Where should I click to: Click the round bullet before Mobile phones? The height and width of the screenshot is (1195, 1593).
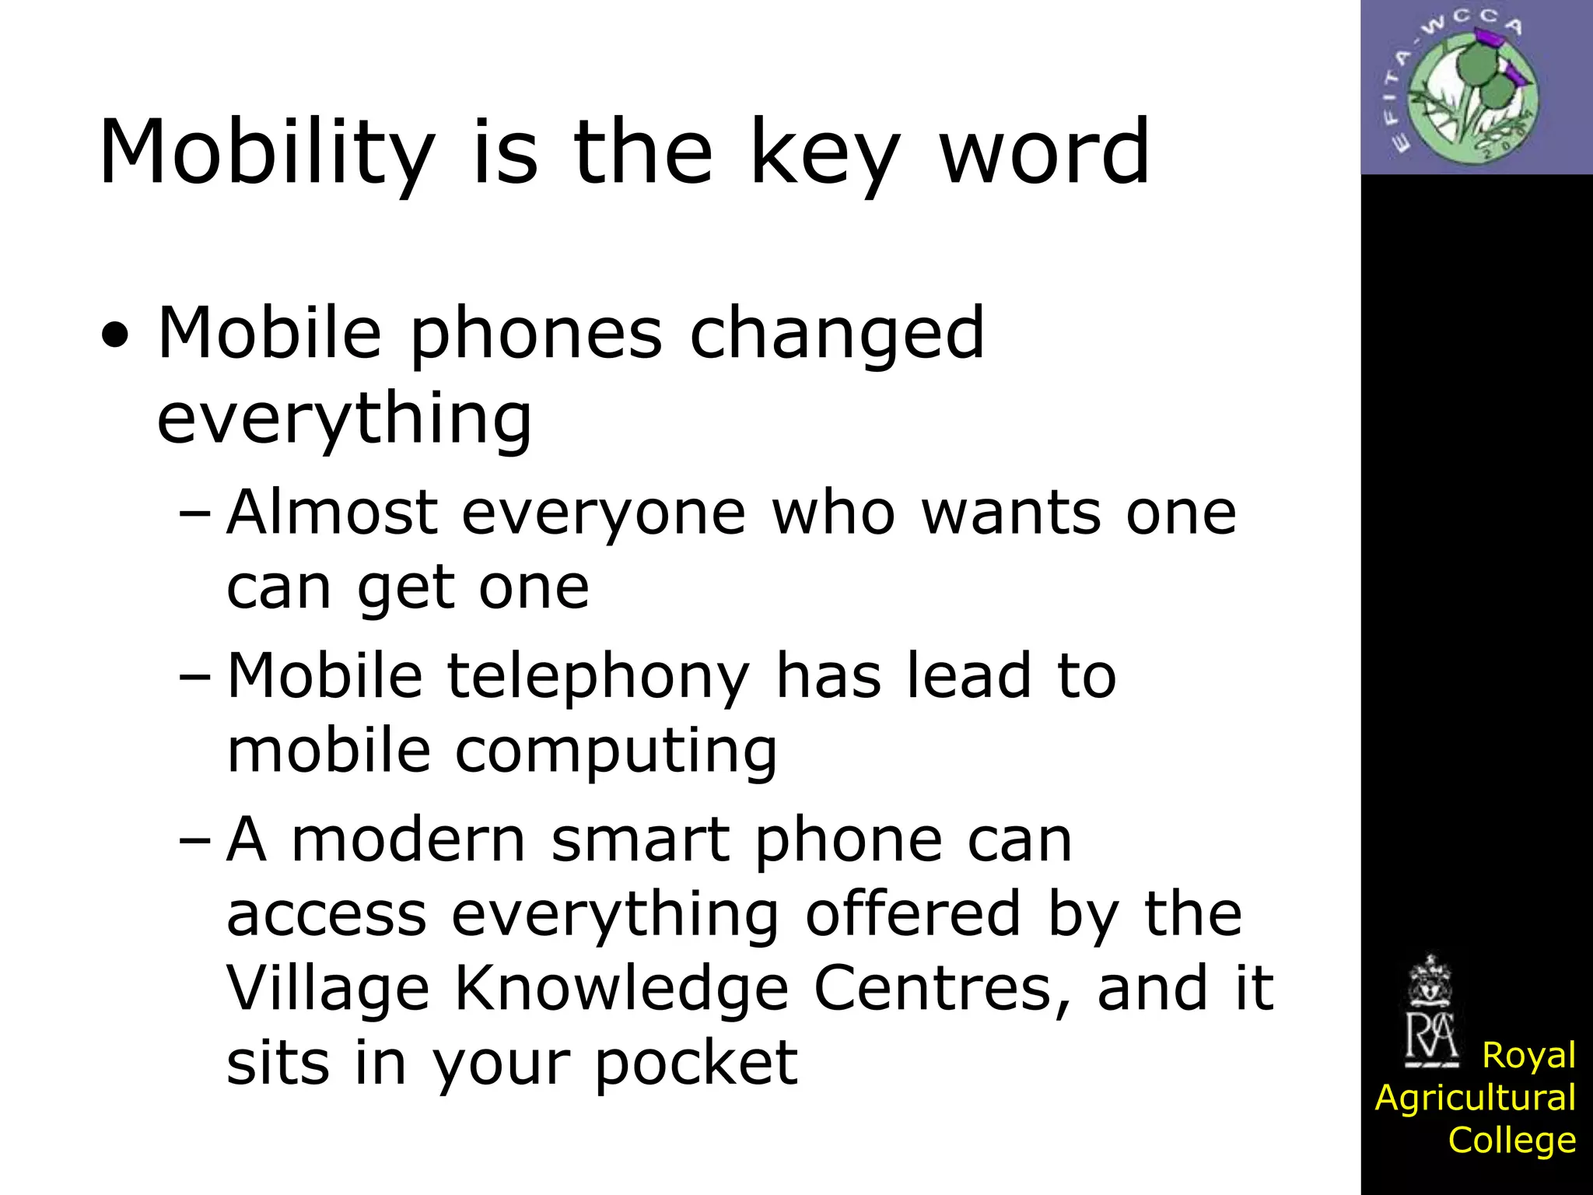tap(114, 336)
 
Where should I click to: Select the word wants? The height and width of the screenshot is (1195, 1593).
tap(1011, 513)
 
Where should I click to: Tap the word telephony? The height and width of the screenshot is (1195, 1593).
tap(597, 678)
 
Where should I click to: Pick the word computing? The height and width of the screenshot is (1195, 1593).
tap(615, 752)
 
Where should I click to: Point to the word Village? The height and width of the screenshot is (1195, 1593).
tap(327, 990)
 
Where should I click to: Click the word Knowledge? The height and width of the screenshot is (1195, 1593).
tap(621, 990)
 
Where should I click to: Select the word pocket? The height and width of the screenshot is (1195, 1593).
tap(696, 1064)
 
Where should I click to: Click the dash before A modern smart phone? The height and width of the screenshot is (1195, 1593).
tap(194, 841)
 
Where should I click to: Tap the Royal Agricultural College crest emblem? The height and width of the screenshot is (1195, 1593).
tap(1430, 1012)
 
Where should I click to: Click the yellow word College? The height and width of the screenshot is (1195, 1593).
tap(1511, 1141)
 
